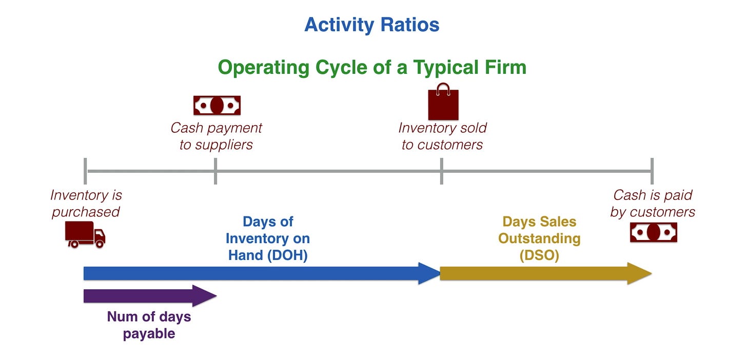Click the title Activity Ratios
click(x=371, y=25)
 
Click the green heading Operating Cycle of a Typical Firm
click(x=372, y=67)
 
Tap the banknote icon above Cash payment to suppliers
click(x=217, y=105)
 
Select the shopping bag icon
click(x=443, y=102)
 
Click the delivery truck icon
click(x=85, y=234)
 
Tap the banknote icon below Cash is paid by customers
click(x=653, y=232)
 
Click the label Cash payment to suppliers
click(x=216, y=136)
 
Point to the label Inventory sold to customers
click(x=442, y=136)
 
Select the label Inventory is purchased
click(x=86, y=203)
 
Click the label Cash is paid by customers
click(x=653, y=203)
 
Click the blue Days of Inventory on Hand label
click(x=267, y=238)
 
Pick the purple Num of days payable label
click(x=149, y=325)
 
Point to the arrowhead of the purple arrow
click(x=205, y=296)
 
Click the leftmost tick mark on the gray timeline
click(x=85, y=171)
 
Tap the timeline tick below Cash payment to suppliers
click(x=215, y=171)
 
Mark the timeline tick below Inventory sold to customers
click(x=442, y=171)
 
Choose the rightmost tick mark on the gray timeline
click(x=652, y=171)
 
